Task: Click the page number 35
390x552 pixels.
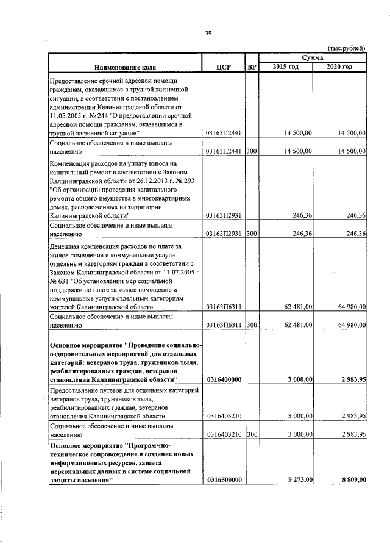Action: pos(208,34)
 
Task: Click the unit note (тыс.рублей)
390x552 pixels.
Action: pos(347,48)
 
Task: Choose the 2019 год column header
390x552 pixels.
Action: pos(286,66)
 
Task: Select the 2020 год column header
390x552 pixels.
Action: pos(339,66)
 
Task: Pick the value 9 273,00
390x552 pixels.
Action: pos(301,480)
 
